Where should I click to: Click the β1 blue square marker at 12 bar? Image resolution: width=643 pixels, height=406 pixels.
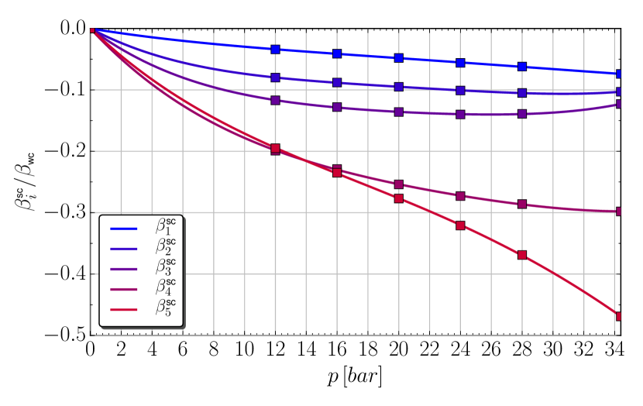tap(276, 49)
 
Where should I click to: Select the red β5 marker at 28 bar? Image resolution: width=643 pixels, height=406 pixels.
tap(522, 255)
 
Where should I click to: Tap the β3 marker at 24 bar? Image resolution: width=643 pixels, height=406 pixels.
tap(461, 114)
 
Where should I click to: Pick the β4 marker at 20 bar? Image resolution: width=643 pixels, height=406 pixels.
tap(399, 184)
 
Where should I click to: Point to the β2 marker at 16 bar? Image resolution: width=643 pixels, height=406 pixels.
tap(337, 82)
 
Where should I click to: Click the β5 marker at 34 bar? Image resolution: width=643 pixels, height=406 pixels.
tap(619, 316)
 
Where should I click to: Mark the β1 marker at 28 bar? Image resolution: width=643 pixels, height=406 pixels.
tap(522, 67)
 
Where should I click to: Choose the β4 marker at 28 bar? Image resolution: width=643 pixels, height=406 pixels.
tap(522, 205)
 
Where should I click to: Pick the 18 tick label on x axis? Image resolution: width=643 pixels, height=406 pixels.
tap(368, 349)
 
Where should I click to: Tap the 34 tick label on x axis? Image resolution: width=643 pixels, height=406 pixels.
tap(614, 349)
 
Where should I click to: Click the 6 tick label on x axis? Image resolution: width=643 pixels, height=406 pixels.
tap(184, 349)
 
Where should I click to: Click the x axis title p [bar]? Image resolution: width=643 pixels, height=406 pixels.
tap(356, 377)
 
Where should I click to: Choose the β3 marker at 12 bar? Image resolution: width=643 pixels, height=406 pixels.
tap(276, 100)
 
